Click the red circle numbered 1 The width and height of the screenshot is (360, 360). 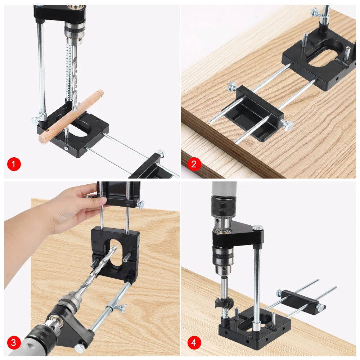point(14,164)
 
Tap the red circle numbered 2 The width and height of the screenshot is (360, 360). point(194,164)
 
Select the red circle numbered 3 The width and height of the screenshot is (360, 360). point(14,343)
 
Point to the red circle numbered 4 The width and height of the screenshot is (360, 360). point(194,343)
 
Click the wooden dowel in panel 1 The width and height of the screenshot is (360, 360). point(71,117)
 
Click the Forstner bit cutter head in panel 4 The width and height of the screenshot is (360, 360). point(224,303)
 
